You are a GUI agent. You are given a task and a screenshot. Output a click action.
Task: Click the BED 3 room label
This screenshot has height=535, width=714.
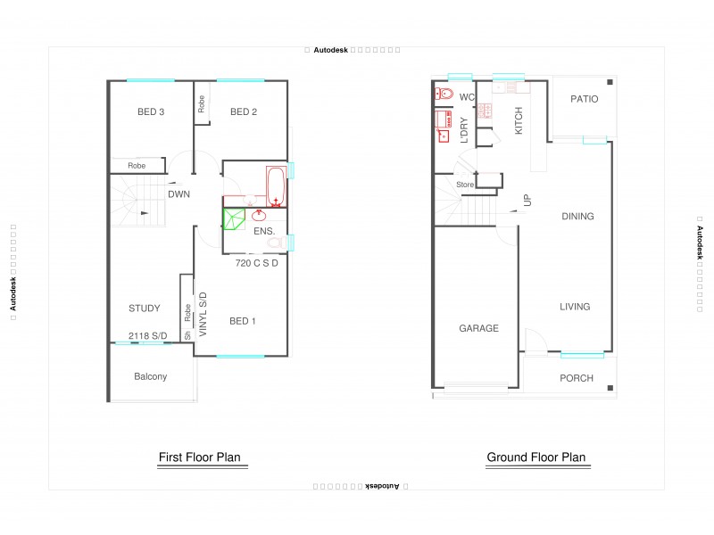(x=150, y=111)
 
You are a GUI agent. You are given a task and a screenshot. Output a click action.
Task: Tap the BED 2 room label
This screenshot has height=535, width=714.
(x=244, y=111)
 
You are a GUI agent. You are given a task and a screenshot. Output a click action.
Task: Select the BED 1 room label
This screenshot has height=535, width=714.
(x=243, y=321)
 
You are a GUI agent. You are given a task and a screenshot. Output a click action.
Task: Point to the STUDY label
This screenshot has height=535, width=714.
(x=144, y=309)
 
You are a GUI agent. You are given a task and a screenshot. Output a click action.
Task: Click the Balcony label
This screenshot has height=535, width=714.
(x=150, y=376)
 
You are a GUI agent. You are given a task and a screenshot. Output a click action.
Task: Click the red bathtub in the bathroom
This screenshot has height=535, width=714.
(x=275, y=185)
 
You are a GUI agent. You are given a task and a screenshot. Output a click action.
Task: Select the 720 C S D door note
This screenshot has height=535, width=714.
(x=257, y=263)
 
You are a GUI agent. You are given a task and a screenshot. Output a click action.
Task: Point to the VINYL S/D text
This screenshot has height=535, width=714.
(x=203, y=313)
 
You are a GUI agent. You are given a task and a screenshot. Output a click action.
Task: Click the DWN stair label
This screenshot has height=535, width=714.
(x=178, y=193)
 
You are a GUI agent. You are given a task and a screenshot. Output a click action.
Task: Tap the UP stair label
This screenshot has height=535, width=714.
(x=527, y=202)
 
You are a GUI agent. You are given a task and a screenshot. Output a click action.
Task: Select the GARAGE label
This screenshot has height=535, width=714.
(x=478, y=328)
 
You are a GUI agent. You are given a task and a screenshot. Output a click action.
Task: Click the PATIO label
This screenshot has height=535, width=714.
(x=585, y=99)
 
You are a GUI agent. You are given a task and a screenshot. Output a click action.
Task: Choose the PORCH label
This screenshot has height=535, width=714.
(x=577, y=378)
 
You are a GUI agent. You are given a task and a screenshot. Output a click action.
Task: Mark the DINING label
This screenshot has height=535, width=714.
(x=577, y=216)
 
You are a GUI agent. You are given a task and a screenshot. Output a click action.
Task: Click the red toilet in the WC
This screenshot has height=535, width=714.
(x=444, y=94)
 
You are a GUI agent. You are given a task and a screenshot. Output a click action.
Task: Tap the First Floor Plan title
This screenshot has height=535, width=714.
(x=199, y=457)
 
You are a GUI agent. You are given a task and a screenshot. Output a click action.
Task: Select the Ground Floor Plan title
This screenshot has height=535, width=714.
(x=535, y=457)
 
